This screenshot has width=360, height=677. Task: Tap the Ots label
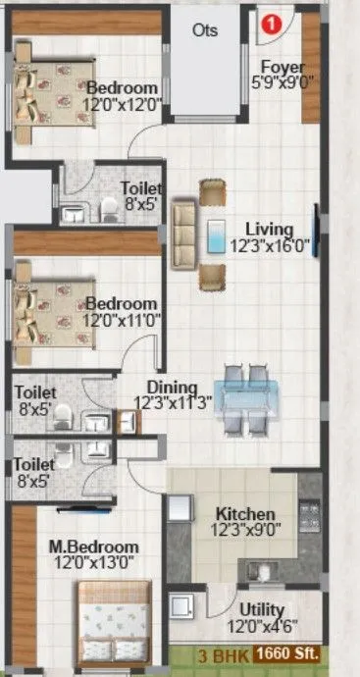point(205,29)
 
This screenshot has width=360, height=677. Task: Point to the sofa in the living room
point(182,234)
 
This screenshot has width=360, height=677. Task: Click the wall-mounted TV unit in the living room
point(316,233)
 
